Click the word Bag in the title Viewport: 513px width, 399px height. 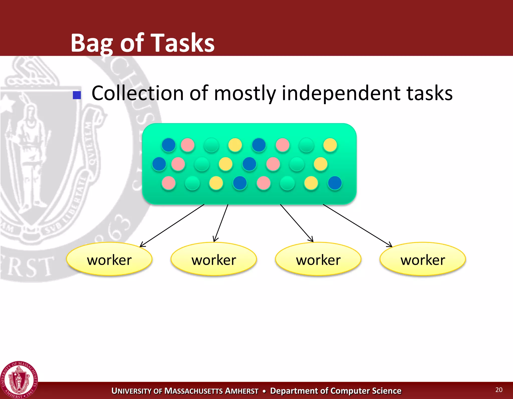[92, 43]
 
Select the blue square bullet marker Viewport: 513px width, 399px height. [77, 95]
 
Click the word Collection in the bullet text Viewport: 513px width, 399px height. [138, 93]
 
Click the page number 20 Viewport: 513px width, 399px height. [499, 389]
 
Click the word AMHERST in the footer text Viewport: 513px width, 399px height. [242, 391]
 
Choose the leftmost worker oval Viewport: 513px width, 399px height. [109, 259]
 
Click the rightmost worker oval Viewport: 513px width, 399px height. [423, 259]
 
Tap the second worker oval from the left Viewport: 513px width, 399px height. [214, 259]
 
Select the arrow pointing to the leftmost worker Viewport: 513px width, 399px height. [172, 225]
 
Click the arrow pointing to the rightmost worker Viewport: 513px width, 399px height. [358, 225]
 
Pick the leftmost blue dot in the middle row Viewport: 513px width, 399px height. [159, 164]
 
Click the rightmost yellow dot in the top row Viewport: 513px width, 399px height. [330, 145]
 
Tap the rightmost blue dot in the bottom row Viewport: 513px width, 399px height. [335, 183]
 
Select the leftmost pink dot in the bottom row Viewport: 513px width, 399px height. [169, 183]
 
